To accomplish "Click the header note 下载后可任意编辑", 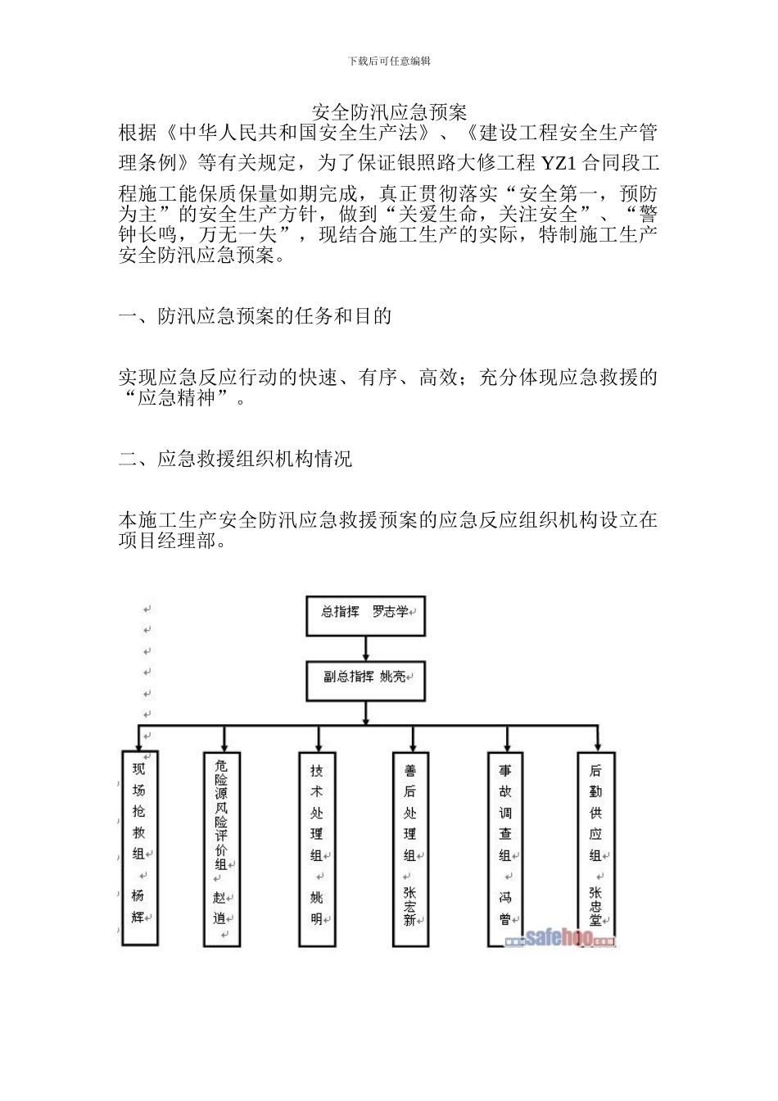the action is pyautogui.click(x=389, y=61).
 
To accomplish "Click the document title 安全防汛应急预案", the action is pyautogui.click(x=389, y=112).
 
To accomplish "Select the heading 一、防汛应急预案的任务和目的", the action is pyautogui.click(x=255, y=316).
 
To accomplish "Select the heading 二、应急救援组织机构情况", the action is pyautogui.click(x=235, y=459).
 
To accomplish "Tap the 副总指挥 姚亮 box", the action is pyautogui.click(x=366, y=679).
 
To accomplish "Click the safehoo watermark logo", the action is pyautogui.click(x=560, y=939).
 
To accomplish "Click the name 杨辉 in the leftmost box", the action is pyautogui.click(x=138, y=906).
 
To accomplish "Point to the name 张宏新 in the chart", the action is pyautogui.click(x=410, y=906).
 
